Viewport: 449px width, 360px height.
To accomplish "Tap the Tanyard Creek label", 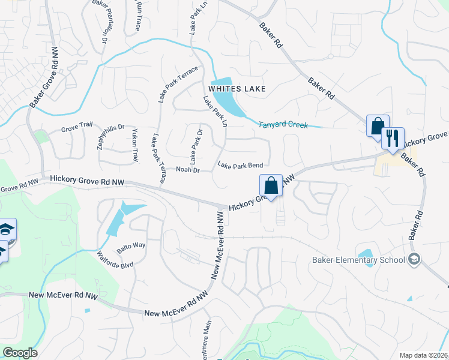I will (x=283, y=125).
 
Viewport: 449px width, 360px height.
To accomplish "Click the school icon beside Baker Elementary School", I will (x=413, y=259).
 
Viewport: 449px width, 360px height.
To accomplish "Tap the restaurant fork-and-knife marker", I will (x=393, y=139).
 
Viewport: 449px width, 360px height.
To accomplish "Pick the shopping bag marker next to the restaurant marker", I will (x=378, y=126).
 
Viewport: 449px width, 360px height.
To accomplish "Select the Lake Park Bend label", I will (x=240, y=165).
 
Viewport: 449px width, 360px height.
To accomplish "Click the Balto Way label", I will (x=131, y=245).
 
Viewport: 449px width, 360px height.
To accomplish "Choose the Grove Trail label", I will (x=77, y=129).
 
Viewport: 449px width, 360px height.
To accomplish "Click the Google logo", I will (x=20, y=353).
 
